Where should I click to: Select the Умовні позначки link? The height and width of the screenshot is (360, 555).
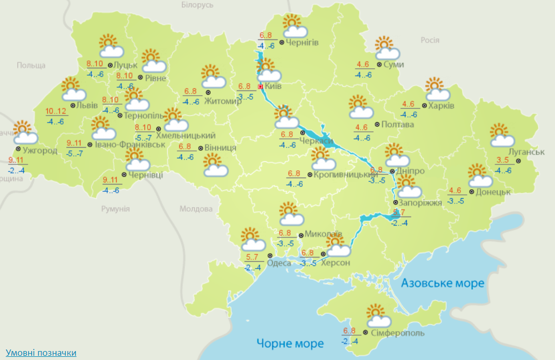41,353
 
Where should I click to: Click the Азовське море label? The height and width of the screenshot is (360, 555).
443,284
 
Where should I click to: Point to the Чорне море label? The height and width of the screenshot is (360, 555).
290,344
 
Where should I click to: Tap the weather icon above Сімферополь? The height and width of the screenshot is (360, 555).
378,315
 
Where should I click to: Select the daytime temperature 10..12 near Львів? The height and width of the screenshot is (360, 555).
56,111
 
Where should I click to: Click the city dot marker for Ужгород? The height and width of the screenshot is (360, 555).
18,149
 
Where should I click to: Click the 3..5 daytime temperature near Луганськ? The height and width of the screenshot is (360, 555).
503,161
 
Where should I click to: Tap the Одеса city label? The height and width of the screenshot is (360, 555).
279,263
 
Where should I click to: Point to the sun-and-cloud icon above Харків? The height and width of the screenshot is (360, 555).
437,89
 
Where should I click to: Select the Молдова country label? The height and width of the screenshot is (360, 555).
193,209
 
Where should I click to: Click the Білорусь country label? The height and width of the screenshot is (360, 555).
197,5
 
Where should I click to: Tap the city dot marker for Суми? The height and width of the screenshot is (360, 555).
379,64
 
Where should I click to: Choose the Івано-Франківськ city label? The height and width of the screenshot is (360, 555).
127,144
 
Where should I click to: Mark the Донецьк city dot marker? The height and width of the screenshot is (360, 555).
471,192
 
